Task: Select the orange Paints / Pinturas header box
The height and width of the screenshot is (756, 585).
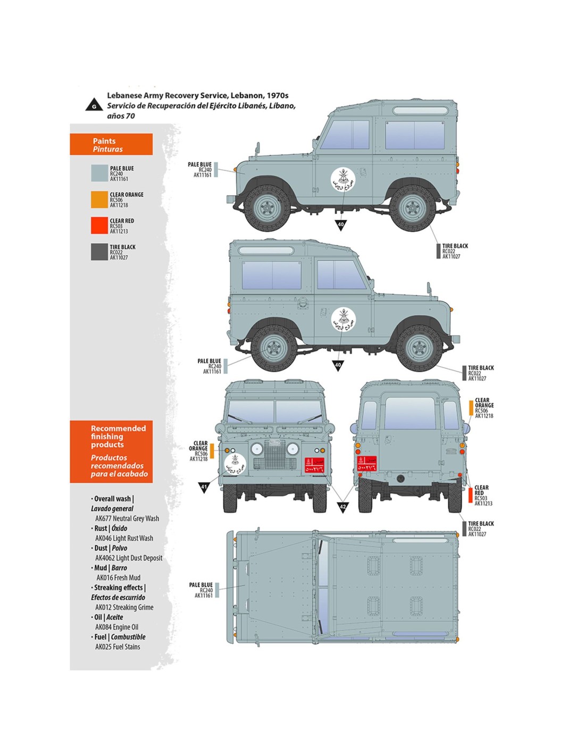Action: (111, 145)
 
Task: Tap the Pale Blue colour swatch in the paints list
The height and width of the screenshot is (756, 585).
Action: (99, 173)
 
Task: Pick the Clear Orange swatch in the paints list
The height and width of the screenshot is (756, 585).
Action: (99, 199)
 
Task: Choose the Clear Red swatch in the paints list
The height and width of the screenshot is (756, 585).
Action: (99, 225)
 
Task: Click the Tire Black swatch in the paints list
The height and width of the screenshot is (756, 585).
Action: (99, 252)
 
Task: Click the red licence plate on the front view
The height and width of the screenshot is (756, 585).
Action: (314, 465)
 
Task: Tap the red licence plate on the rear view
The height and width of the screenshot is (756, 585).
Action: (367, 464)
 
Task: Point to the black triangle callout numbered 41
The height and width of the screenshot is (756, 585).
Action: (204, 487)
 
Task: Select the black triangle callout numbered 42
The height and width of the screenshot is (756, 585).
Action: (343, 507)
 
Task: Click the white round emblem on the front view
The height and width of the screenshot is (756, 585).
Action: (235, 464)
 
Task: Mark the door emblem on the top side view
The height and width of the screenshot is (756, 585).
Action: (342, 180)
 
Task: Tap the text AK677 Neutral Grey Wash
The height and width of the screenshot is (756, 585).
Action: (127, 518)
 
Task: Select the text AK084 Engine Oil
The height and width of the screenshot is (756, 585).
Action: (116, 627)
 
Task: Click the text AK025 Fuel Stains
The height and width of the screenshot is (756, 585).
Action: (118, 647)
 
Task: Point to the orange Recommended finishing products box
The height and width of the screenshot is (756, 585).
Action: (111, 451)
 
